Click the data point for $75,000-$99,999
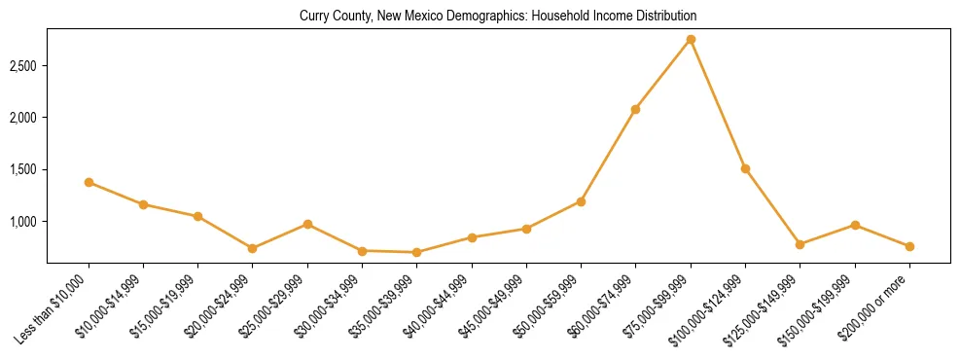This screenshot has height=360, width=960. pos(691,39)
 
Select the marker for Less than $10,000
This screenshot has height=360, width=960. pos(89,182)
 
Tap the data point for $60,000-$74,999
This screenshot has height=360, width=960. pos(635,109)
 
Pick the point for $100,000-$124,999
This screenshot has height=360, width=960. pos(745,168)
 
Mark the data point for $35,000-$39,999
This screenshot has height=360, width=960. pos(417,252)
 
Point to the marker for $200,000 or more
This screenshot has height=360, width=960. pos(909,246)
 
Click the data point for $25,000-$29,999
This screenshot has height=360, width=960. pos(307,224)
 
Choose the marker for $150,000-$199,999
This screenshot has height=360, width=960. pos(855,225)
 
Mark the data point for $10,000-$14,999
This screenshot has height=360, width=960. pos(143,204)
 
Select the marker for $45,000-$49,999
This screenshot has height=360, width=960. pos(526,229)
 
